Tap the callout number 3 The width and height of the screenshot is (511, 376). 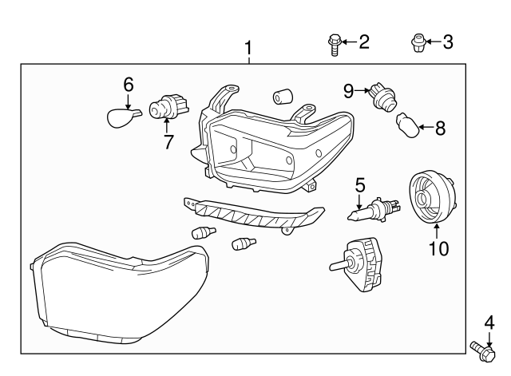point(447,42)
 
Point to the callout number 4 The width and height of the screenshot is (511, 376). point(489,323)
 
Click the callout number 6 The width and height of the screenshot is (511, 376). point(128,84)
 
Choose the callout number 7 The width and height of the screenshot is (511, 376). point(168,141)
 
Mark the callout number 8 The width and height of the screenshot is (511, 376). point(440,127)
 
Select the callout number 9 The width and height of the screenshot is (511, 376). point(349,91)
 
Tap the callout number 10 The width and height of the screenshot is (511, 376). point(438,248)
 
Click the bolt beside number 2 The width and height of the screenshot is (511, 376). point(335,44)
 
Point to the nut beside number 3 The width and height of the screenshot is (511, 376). point(416,42)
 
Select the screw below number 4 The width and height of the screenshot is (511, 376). point(481,350)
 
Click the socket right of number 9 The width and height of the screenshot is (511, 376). point(381,97)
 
